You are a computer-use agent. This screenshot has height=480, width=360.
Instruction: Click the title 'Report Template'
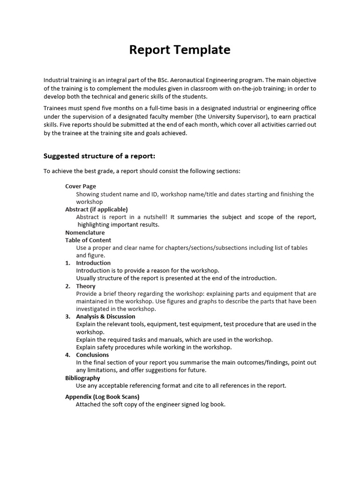pyautogui.click(x=180, y=50)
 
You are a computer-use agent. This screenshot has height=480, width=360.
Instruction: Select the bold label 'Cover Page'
pyautogui.click(x=80, y=186)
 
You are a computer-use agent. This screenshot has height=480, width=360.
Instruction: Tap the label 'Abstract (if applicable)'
pyautogui.click(x=96, y=209)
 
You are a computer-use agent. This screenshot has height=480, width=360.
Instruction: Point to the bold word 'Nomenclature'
pyautogui.click(x=85, y=232)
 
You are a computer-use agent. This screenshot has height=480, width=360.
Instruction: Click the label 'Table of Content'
pyautogui.click(x=88, y=240)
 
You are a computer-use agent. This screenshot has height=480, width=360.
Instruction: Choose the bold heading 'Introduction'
pyautogui.click(x=93, y=263)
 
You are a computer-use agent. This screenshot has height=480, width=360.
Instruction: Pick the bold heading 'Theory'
pyautogui.click(x=86, y=286)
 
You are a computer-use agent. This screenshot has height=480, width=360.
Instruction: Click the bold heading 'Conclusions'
pyautogui.click(x=92, y=355)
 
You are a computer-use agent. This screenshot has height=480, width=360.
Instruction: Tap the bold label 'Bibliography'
pyautogui.click(x=82, y=378)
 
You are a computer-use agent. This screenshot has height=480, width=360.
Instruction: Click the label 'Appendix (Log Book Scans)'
pyautogui.click(x=102, y=397)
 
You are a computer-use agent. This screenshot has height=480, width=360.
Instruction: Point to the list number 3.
pyautogui.click(x=67, y=316)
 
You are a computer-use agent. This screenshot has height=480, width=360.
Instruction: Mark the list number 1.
pyautogui.click(x=67, y=263)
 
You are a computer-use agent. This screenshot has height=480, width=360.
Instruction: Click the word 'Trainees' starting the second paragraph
pyautogui.click(x=55, y=109)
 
